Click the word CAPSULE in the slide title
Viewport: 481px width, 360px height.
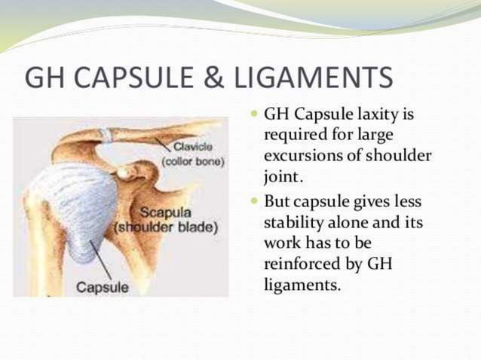[x=143, y=78]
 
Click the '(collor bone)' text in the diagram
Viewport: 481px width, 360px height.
[x=194, y=160]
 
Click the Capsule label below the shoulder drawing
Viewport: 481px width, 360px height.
[x=103, y=287]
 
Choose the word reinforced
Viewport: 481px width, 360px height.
[x=299, y=266]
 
